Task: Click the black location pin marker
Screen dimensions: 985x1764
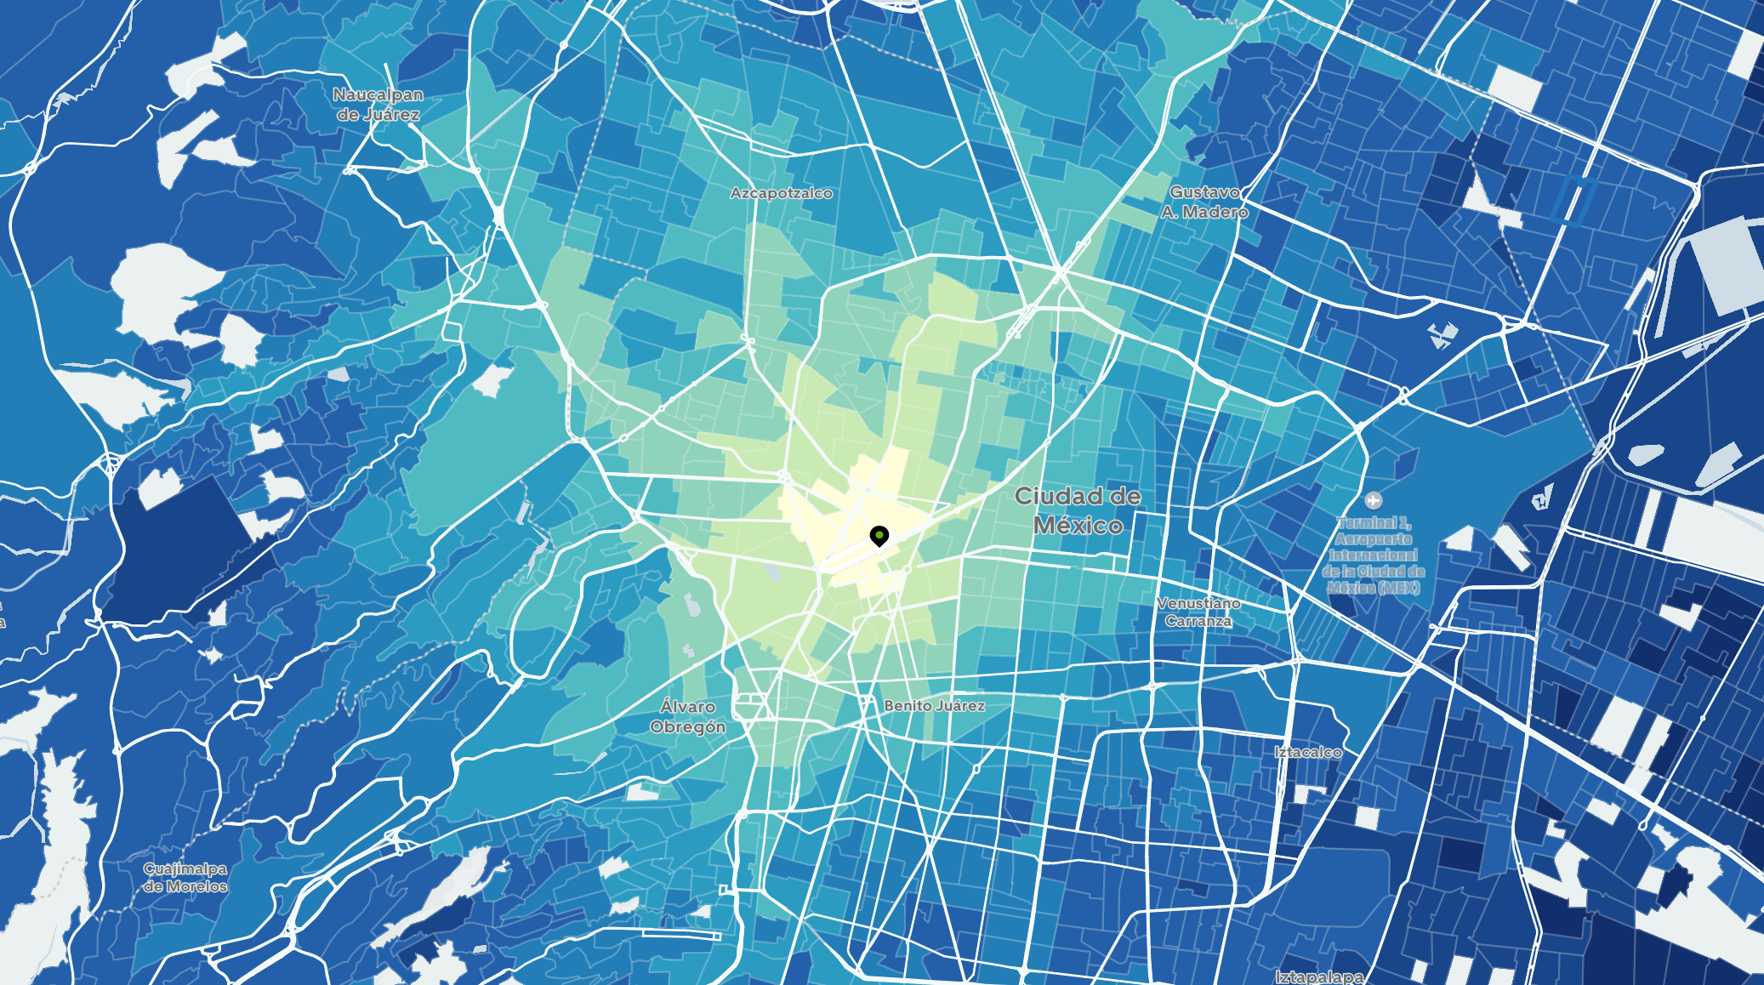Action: pyautogui.click(x=879, y=536)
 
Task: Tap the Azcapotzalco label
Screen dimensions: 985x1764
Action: pyautogui.click(x=781, y=193)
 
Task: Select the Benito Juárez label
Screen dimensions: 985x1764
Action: pyautogui.click(x=934, y=705)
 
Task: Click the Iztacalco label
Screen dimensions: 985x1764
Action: pyautogui.click(x=1307, y=752)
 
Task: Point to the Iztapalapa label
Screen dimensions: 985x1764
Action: pyautogui.click(x=1319, y=977)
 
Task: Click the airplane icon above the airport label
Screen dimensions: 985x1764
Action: pyautogui.click(x=1372, y=500)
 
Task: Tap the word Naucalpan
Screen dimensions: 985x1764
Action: pyautogui.click(x=378, y=94)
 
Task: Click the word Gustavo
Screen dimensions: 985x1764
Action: pyautogui.click(x=1204, y=192)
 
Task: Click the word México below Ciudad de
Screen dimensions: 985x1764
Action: pyautogui.click(x=1078, y=526)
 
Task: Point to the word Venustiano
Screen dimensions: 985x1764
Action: pyautogui.click(x=1198, y=603)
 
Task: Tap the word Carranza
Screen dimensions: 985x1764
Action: pyautogui.click(x=1198, y=621)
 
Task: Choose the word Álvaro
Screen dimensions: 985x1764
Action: pyautogui.click(x=687, y=707)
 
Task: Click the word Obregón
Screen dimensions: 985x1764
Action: pyautogui.click(x=687, y=726)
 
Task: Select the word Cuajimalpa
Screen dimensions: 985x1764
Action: pyautogui.click(x=185, y=868)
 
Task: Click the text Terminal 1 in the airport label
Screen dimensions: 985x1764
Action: pyautogui.click(x=1373, y=523)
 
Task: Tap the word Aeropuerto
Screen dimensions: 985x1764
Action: pyautogui.click(x=1373, y=539)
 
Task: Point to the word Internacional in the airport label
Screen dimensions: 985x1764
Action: pyautogui.click(x=1373, y=555)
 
